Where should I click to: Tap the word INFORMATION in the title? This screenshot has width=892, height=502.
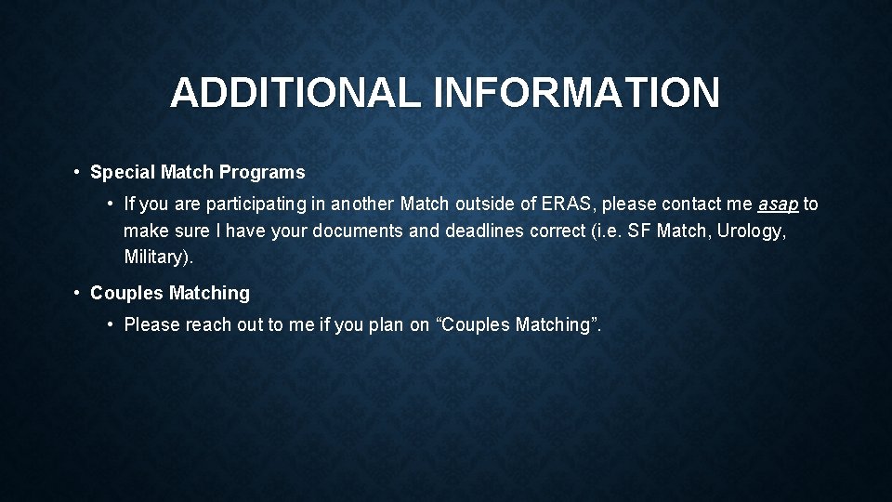click(x=576, y=93)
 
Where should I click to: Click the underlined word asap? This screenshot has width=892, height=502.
click(x=779, y=204)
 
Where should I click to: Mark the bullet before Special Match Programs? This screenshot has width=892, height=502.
click(x=76, y=172)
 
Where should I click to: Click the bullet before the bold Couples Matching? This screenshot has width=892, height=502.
click(x=76, y=293)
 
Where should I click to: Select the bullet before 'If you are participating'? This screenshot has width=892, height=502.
click(x=110, y=204)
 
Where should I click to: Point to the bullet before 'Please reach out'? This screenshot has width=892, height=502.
click(x=110, y=324)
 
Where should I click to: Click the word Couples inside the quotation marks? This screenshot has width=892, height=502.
click(x=477, y=324)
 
